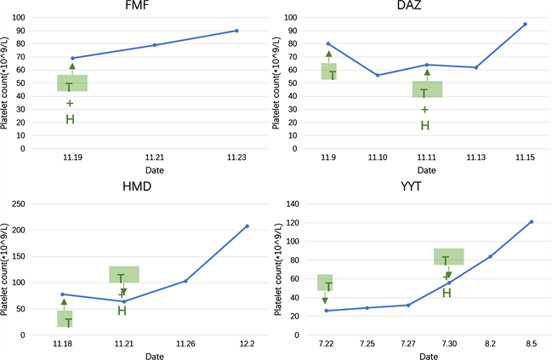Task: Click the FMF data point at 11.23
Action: click(236, 31)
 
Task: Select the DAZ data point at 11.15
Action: click(525, 24)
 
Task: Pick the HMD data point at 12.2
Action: click(247, 226)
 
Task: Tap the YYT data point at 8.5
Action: click(532, 221)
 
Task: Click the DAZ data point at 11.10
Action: click(378, 75)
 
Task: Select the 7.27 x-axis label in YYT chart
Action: click(408, 345)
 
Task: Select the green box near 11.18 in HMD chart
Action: click(65, 318)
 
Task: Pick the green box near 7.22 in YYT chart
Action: click(325, 283)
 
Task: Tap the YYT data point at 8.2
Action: click(490, 256)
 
